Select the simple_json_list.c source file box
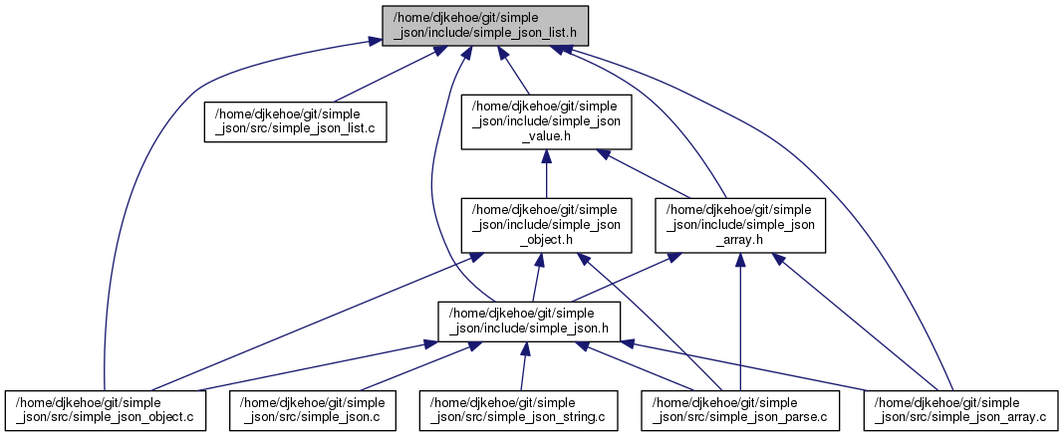[295, 121]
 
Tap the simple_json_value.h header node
[545, 121]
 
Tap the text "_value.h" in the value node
[545, 136]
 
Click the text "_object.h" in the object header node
[545, 239]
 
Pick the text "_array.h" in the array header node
[739, 239]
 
